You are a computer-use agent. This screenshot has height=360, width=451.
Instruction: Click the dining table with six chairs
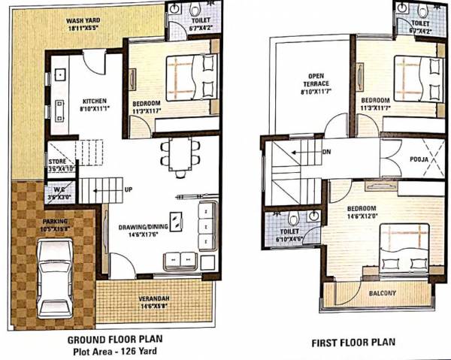click(180, 158)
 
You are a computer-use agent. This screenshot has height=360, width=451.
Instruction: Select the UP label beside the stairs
click(130, 189)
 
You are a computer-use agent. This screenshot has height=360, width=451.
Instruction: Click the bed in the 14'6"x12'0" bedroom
click(402, 252)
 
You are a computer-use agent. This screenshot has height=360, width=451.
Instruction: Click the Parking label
click(54, 221)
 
